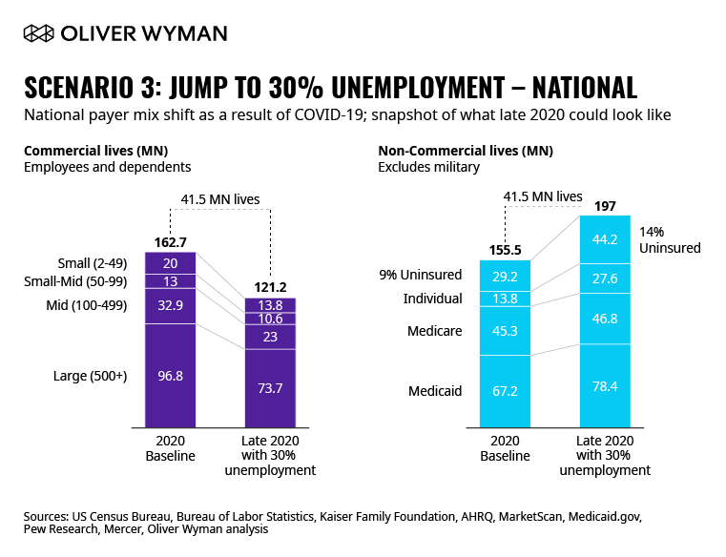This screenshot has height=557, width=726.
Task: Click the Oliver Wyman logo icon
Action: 37,33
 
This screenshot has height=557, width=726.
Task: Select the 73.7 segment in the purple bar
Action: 271,385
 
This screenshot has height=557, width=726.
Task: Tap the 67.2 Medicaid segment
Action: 505,390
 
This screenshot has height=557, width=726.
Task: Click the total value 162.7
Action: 171,242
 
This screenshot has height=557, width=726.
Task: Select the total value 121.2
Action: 271,287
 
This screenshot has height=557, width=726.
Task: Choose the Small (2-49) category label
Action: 95,262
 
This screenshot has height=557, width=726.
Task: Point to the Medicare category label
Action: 436,331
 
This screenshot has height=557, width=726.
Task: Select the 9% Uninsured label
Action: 420,275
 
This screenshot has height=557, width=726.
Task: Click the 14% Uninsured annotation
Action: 670,240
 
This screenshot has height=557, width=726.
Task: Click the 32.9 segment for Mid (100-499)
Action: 171,306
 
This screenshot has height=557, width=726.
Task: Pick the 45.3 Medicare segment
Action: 505,331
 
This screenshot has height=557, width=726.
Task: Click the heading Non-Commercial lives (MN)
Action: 466,151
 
